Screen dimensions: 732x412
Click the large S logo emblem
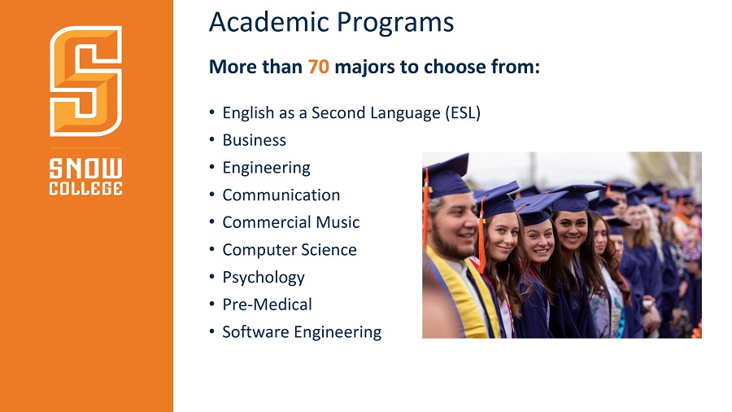86,81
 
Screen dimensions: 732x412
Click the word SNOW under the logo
86,169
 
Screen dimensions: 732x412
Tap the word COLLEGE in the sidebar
86,188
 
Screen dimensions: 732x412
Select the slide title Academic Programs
332,23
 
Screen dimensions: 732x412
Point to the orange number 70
318,67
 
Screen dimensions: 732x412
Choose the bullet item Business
254,140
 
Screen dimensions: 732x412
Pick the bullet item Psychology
264,278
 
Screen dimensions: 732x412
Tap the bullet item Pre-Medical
267,305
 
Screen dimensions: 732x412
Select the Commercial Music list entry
291,222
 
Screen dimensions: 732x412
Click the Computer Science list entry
290,250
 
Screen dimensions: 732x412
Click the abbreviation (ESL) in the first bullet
463,113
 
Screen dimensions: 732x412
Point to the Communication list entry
281,195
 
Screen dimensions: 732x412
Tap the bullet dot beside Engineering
212,167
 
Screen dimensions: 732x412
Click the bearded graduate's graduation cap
446,177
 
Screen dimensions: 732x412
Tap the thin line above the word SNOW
86,148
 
